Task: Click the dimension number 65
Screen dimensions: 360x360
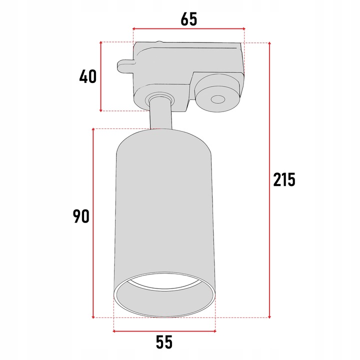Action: pyautogui.click(x=189, y=18)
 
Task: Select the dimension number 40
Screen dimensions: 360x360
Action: pyautogui.click(x=87, y=76)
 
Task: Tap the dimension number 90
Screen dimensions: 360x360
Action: pyautogui.click(x=81, y=216)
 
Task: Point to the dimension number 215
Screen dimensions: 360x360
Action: pyautogui.click(x=284, y=179)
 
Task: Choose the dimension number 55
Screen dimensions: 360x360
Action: pyautogui.click(x=164, y=342)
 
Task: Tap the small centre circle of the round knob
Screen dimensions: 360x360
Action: pyautogui.click(x=217, y=99)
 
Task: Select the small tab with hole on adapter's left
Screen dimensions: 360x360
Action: pyautogui.click(x=125, y=66)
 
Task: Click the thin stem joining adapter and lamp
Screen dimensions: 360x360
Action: pyautogui.click(x=160, y=114)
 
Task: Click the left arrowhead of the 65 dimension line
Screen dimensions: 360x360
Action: pyautogui.click(x=135, y=29)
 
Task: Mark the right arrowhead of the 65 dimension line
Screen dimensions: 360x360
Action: pyautogui.click(x=243, y=29)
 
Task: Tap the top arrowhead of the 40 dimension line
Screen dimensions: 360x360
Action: pyautogui.click(x=101, y=44)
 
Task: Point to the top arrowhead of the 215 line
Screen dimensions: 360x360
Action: pyautogui.click(x=270, y=44)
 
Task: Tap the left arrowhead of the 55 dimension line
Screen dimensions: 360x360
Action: pyautogui.click(x=116, y=330)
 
